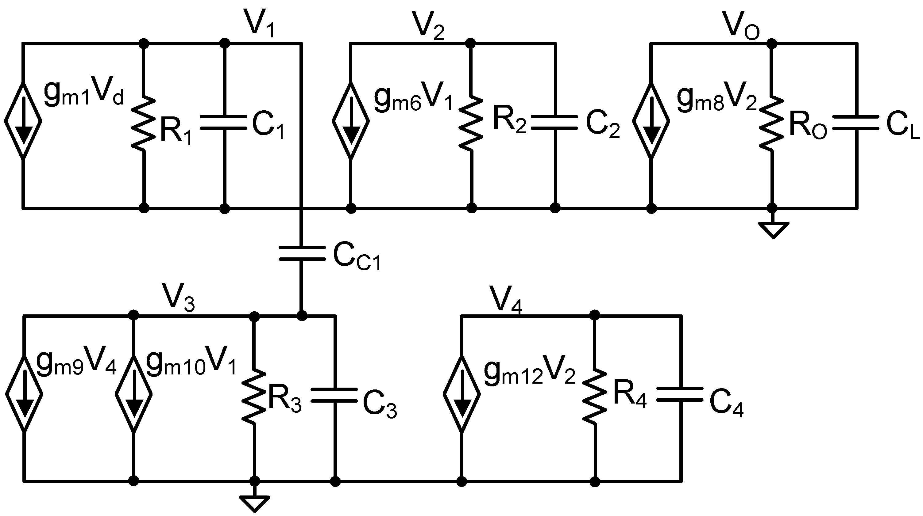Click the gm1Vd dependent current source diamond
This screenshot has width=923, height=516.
tap(23, 121)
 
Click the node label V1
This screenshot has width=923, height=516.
tap(260, 23)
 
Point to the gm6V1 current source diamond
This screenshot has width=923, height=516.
tap(350, 121)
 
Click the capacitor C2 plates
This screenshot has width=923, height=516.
tap(555, 122)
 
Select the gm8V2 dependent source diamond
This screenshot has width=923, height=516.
tap(651, 121)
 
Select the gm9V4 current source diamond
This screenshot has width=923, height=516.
tap(24, 394)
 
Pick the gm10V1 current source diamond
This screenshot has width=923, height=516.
tap(134, 394)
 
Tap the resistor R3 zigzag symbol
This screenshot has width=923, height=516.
tap(254, 395)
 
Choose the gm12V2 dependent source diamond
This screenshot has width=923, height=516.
tap(462, 394)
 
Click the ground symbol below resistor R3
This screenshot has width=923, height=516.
tap(255, 503)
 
